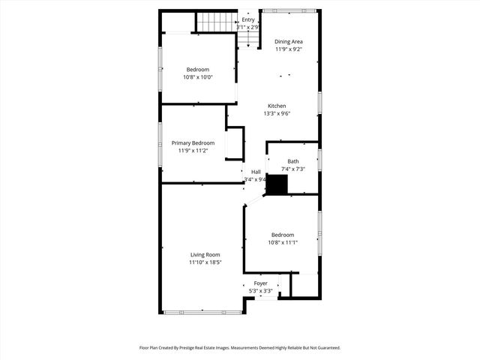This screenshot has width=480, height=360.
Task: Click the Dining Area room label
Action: [289, 41]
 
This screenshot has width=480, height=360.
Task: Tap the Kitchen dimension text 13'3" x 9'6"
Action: [277, 114]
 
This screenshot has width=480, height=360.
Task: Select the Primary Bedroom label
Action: [193, 142]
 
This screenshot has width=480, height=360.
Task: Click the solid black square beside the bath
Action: [277, 185]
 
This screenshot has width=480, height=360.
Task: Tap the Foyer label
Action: [260, 283]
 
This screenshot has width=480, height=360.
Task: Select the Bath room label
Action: [292, 161]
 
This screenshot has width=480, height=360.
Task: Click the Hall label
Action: [256, 172]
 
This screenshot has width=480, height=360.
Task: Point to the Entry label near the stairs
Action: [259, 19]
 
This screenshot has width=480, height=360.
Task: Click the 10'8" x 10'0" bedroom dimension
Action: [198, 77]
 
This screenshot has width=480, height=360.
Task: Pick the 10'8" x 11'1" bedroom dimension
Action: [283, 242]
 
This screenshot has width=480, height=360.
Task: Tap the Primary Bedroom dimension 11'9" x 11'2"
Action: [193, 151]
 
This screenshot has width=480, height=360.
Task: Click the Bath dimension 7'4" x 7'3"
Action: [292, 169]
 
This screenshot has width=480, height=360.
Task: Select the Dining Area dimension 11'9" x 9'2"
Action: [289, 49]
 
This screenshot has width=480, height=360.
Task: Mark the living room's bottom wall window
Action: [202, 312]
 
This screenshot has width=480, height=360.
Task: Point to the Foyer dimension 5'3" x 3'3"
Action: [260, 291]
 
